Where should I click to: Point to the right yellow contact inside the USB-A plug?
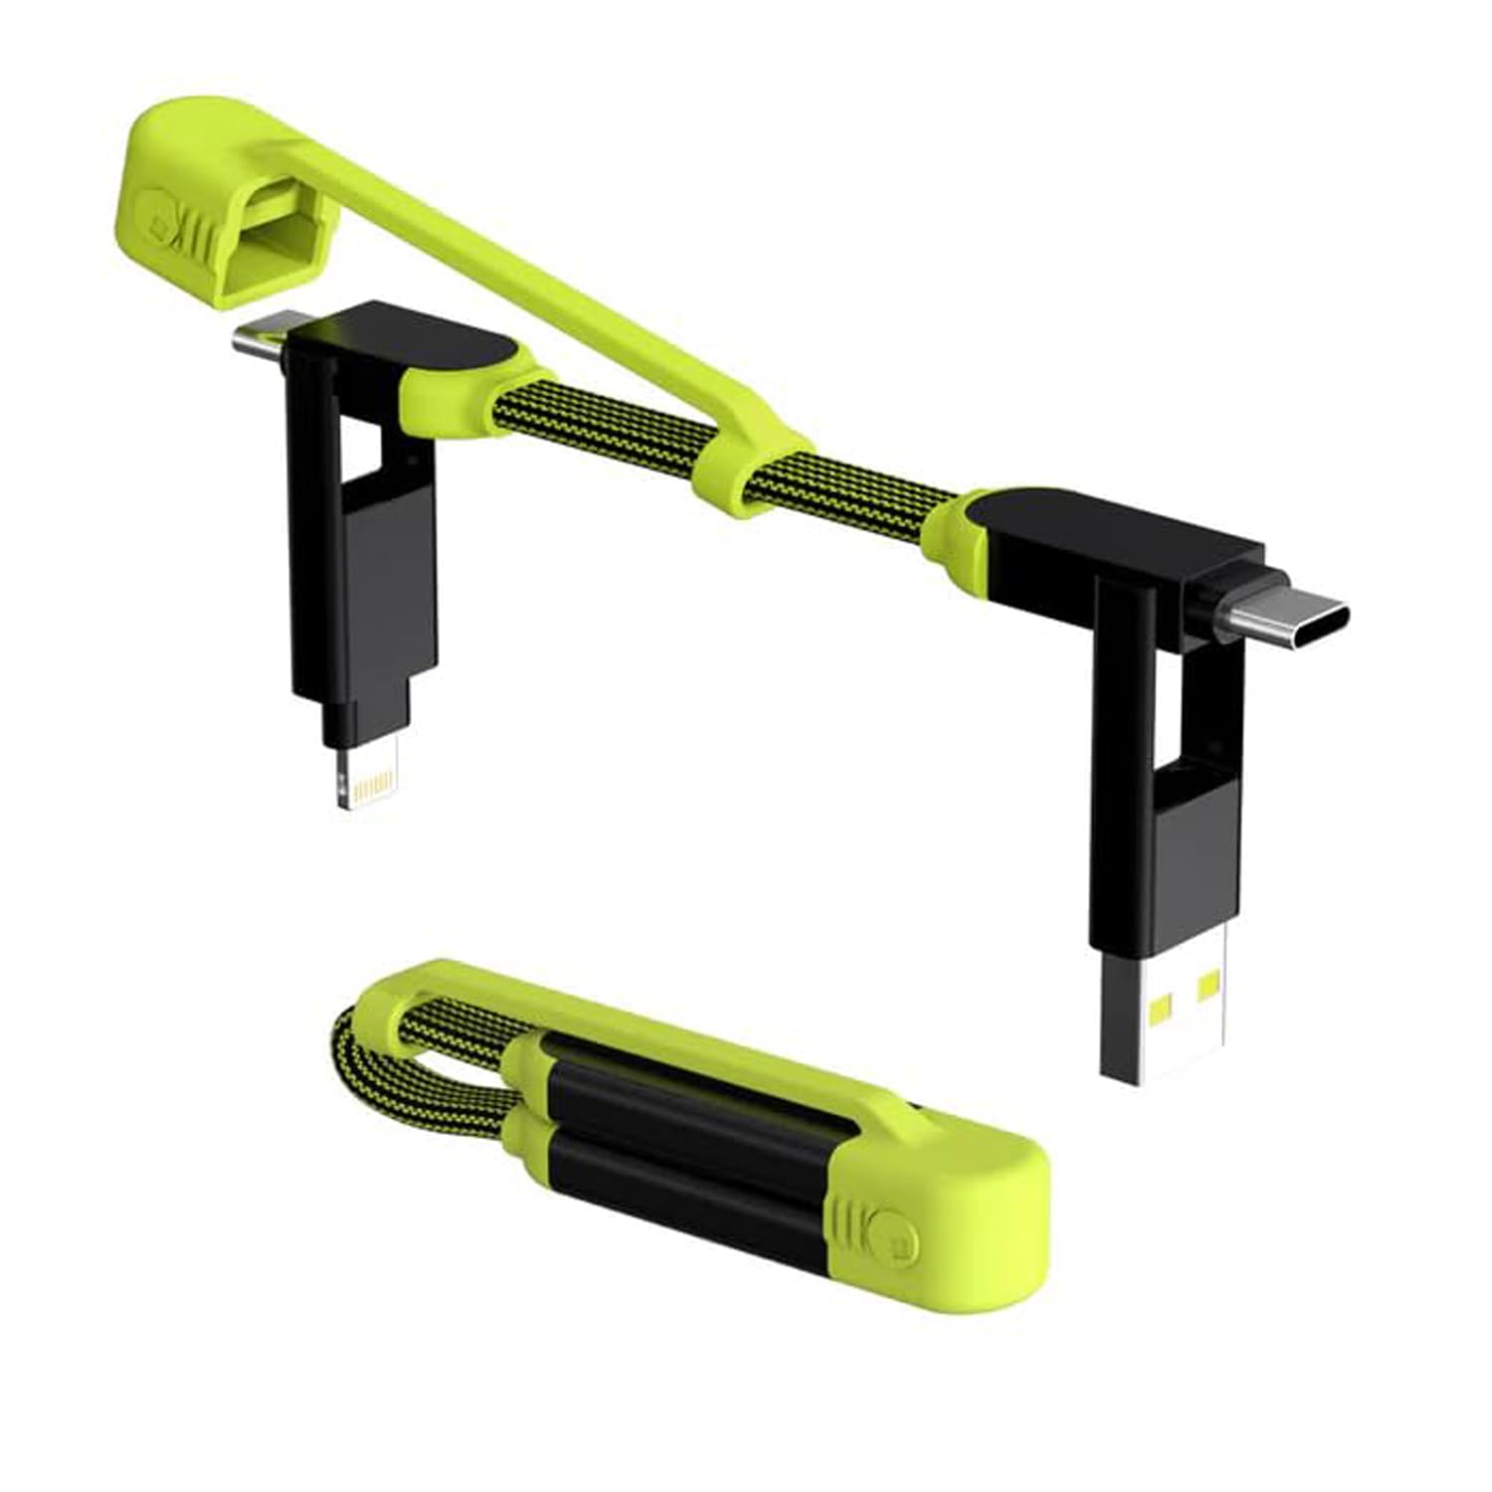1210,985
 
